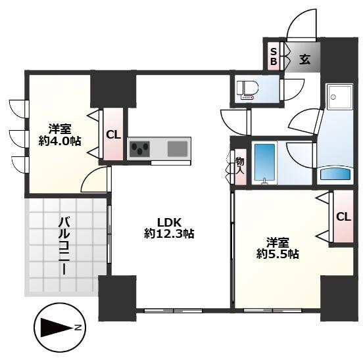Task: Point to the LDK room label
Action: click(x=168, y=221)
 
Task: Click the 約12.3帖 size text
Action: click(x=168, y=233)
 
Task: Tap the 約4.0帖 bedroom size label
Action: click(x=60, y=140)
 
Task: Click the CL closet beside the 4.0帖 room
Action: click(x=113, y=135)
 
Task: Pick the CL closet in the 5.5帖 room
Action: click(x=343, y=217)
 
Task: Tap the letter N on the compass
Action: click(x=78, y=326)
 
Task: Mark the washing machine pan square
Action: click(x=339, y=98)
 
